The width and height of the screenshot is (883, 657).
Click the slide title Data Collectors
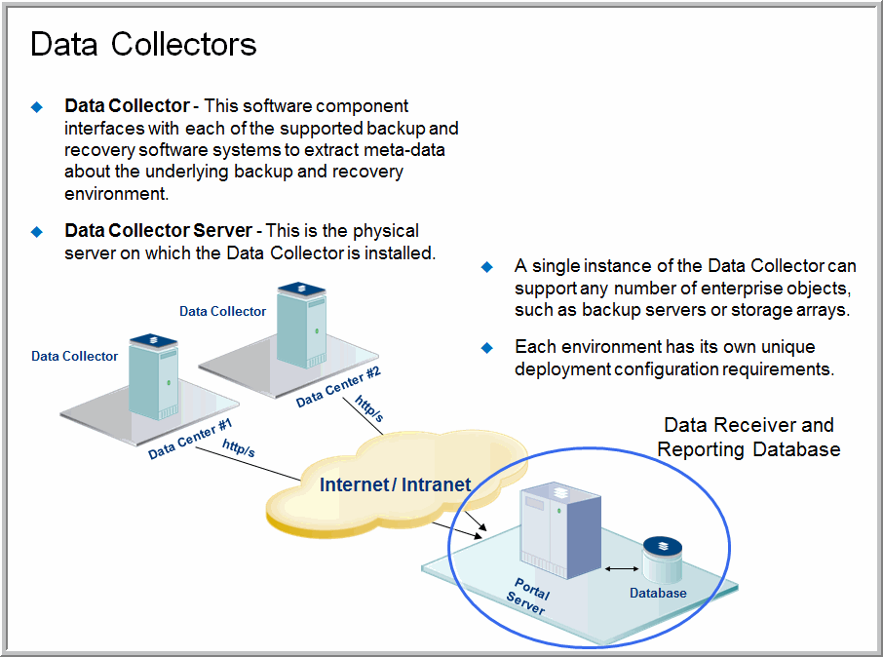click(143, 44)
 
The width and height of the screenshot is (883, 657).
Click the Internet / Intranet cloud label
click(395, 484)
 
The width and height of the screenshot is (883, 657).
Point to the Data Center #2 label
click(337, 386)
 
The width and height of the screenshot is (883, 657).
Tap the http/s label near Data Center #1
click(239, 448)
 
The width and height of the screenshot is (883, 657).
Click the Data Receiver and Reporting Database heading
click(749, 437)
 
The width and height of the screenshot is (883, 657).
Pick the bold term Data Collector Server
click(159, 231)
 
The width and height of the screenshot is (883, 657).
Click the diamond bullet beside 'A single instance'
click(487, 266)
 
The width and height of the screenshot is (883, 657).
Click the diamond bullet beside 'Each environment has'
click(487, 347)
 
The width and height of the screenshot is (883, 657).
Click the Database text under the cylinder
click(658, 593)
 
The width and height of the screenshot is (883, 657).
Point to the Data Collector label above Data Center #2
click(222, 311)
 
